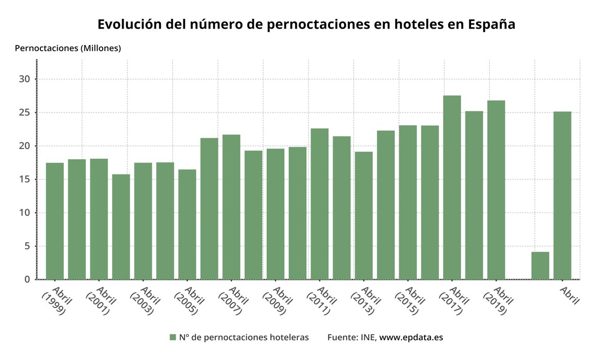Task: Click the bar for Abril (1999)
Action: point(55,221)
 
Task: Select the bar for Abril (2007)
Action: point(231,207)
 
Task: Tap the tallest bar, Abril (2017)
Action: point(452,187)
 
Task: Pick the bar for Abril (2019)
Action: point(496,190)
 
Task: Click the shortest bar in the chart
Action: point(540,266)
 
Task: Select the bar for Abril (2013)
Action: point(364,215)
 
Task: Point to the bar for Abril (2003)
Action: point(143,221)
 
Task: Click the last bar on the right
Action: point(562,196)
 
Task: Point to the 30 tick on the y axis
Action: point(26,79)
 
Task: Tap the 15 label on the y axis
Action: point(26,179)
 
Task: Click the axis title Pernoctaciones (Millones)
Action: point(68,49)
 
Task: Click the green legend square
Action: point(173,337)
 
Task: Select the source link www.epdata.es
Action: point(411,337)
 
